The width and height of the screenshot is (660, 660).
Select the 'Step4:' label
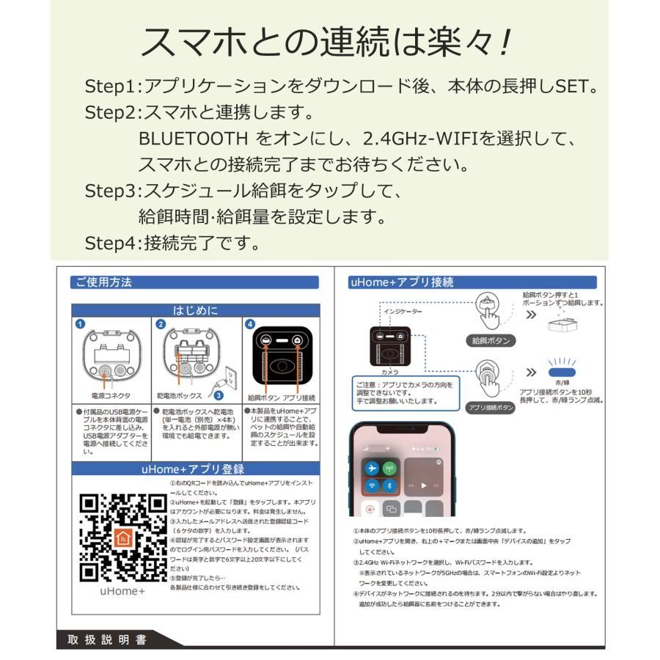pyautogui.click(x=111, y=241)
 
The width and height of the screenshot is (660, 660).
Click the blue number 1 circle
pyautogui.click(x=79, y=323)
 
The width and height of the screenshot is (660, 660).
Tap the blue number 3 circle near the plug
pyautogui.click(x=218, y=395)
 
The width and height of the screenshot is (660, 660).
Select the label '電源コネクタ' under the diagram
pyautogui.click(x=109, y=395)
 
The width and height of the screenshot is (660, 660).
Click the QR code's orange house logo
pyautogui.click(x=122, y=538)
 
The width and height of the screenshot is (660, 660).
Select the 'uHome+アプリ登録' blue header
pyautogui.click(x=194, y=469)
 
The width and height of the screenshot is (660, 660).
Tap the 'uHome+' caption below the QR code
pyautogui.click(x=122, y=591)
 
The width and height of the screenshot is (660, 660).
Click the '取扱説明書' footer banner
pyautogui.click(x=103, y=640)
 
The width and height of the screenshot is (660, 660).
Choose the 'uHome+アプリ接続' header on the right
pyautogui.click(x=402, y=282)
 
